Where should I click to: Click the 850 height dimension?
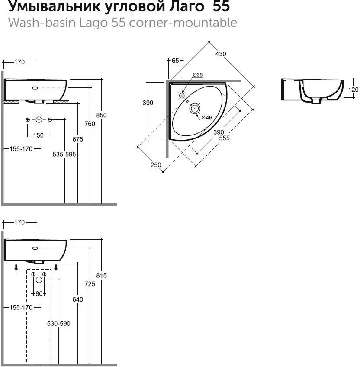[x=101, y=115]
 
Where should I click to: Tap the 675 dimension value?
[x=78, y=139]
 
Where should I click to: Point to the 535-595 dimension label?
[x=64, y=154]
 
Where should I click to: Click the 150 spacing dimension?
[x=39, y=135]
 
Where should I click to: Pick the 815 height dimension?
[x=101, y=275]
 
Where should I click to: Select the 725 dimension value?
[x=90, y=283]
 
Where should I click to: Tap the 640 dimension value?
[x=78, y=299]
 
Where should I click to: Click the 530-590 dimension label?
[x=58, y=323]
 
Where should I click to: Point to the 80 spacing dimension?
[x=39, y=293]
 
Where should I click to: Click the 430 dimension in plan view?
[x=221, y=54]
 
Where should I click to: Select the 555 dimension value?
[x=224, y=138]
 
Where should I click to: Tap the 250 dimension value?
[x=156, y=164]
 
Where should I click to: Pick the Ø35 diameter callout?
[x=198, y=75]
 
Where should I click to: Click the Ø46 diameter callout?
[x=206, y=118]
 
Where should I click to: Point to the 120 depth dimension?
[x=354, y=90]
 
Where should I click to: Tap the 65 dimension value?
[x=175, y=61]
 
